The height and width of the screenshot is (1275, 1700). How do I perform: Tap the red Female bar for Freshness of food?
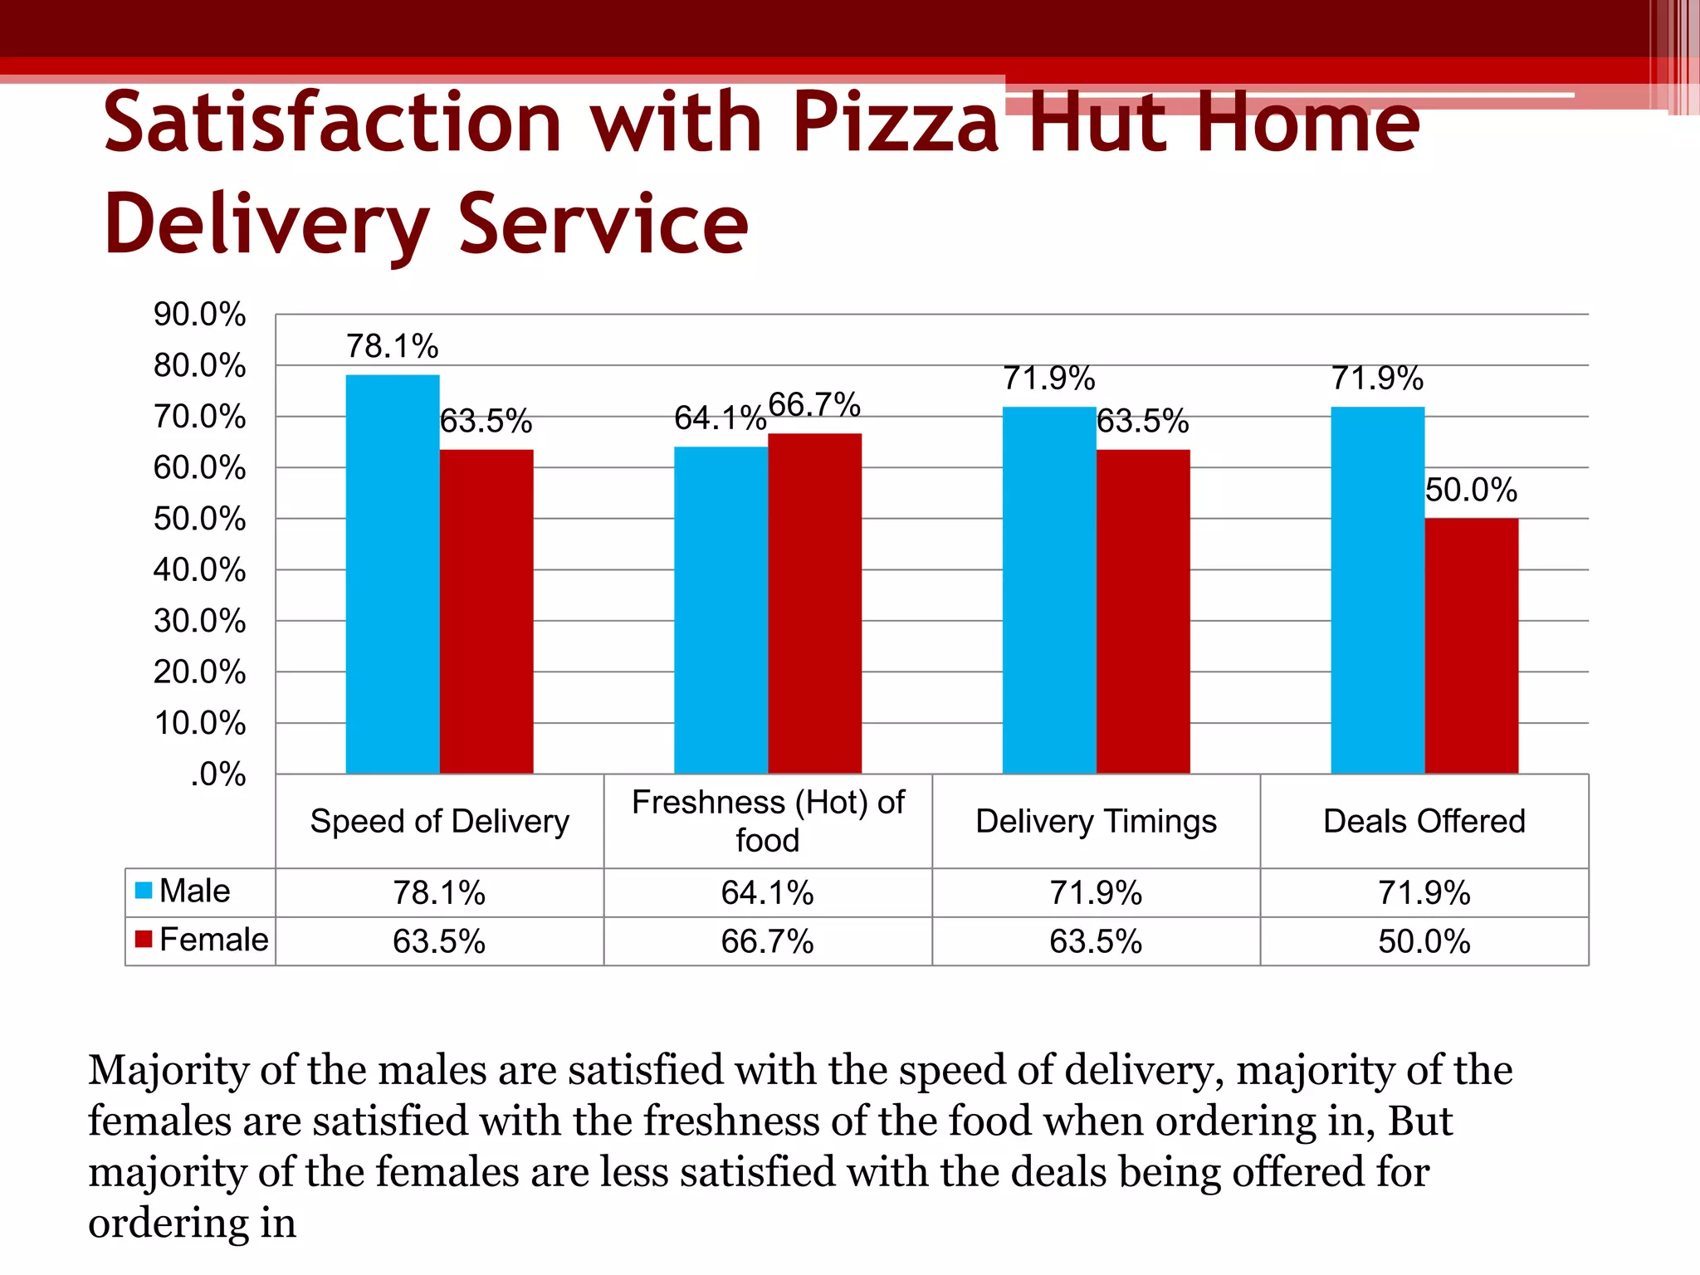click(814, 603)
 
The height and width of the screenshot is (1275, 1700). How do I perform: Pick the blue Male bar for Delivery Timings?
click(1049, 590)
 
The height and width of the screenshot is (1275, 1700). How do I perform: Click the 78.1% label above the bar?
click(392, 346)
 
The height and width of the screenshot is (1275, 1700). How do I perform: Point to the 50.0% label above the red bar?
click(1471, 490)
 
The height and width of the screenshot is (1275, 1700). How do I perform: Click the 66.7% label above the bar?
click(814, 405)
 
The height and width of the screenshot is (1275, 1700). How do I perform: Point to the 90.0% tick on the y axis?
click(199, 315)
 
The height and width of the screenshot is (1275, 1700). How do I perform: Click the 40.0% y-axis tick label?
click(199, 570)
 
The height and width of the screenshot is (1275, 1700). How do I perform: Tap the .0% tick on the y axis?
click(217, 774)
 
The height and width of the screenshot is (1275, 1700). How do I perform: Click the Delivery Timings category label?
click(1096, 821)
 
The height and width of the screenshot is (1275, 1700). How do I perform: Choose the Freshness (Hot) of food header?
click(768, 821)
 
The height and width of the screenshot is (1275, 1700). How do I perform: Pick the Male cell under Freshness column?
click(768, 893)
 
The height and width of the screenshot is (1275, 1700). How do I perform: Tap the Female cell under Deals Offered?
click(1424, 941)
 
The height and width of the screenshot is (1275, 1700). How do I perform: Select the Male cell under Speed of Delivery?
click(439, 893)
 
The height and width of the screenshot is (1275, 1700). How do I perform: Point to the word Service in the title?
click(603, 224)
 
